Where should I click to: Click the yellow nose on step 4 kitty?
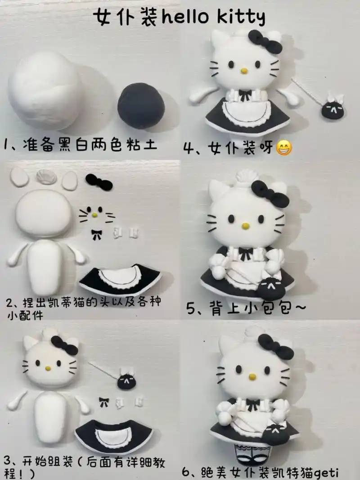click(244, 71)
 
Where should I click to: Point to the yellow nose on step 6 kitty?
click(252, 376)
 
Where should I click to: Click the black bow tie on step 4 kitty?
click(245, 95)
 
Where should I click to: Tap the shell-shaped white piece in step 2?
click(46, 177)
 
